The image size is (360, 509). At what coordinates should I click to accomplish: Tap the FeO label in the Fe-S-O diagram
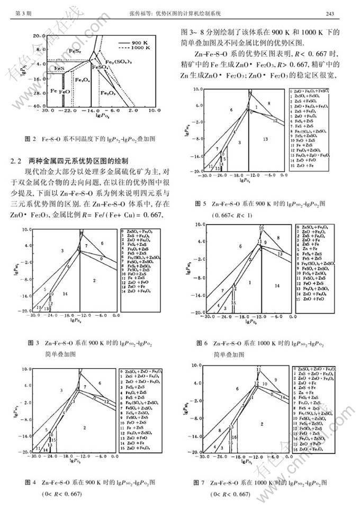pos(65,92)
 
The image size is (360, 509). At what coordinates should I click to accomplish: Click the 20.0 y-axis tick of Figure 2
pos(34,35)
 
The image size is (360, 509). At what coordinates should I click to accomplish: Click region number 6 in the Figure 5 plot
pos(231,110)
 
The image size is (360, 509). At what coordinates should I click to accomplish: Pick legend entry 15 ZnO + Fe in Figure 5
pos(300,166)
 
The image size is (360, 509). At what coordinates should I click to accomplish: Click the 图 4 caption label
pos(30,482)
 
